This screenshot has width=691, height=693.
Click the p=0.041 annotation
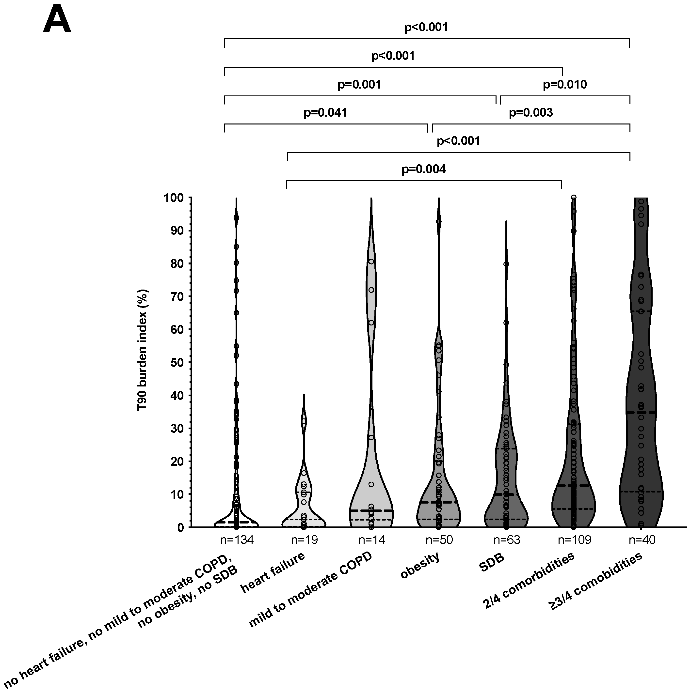(x=325, y=113)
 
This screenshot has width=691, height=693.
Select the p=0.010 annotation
(x=565, y=85)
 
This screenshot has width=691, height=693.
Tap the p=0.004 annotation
(x=424, y=169)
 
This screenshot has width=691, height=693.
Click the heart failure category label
(x=273, y=572)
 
